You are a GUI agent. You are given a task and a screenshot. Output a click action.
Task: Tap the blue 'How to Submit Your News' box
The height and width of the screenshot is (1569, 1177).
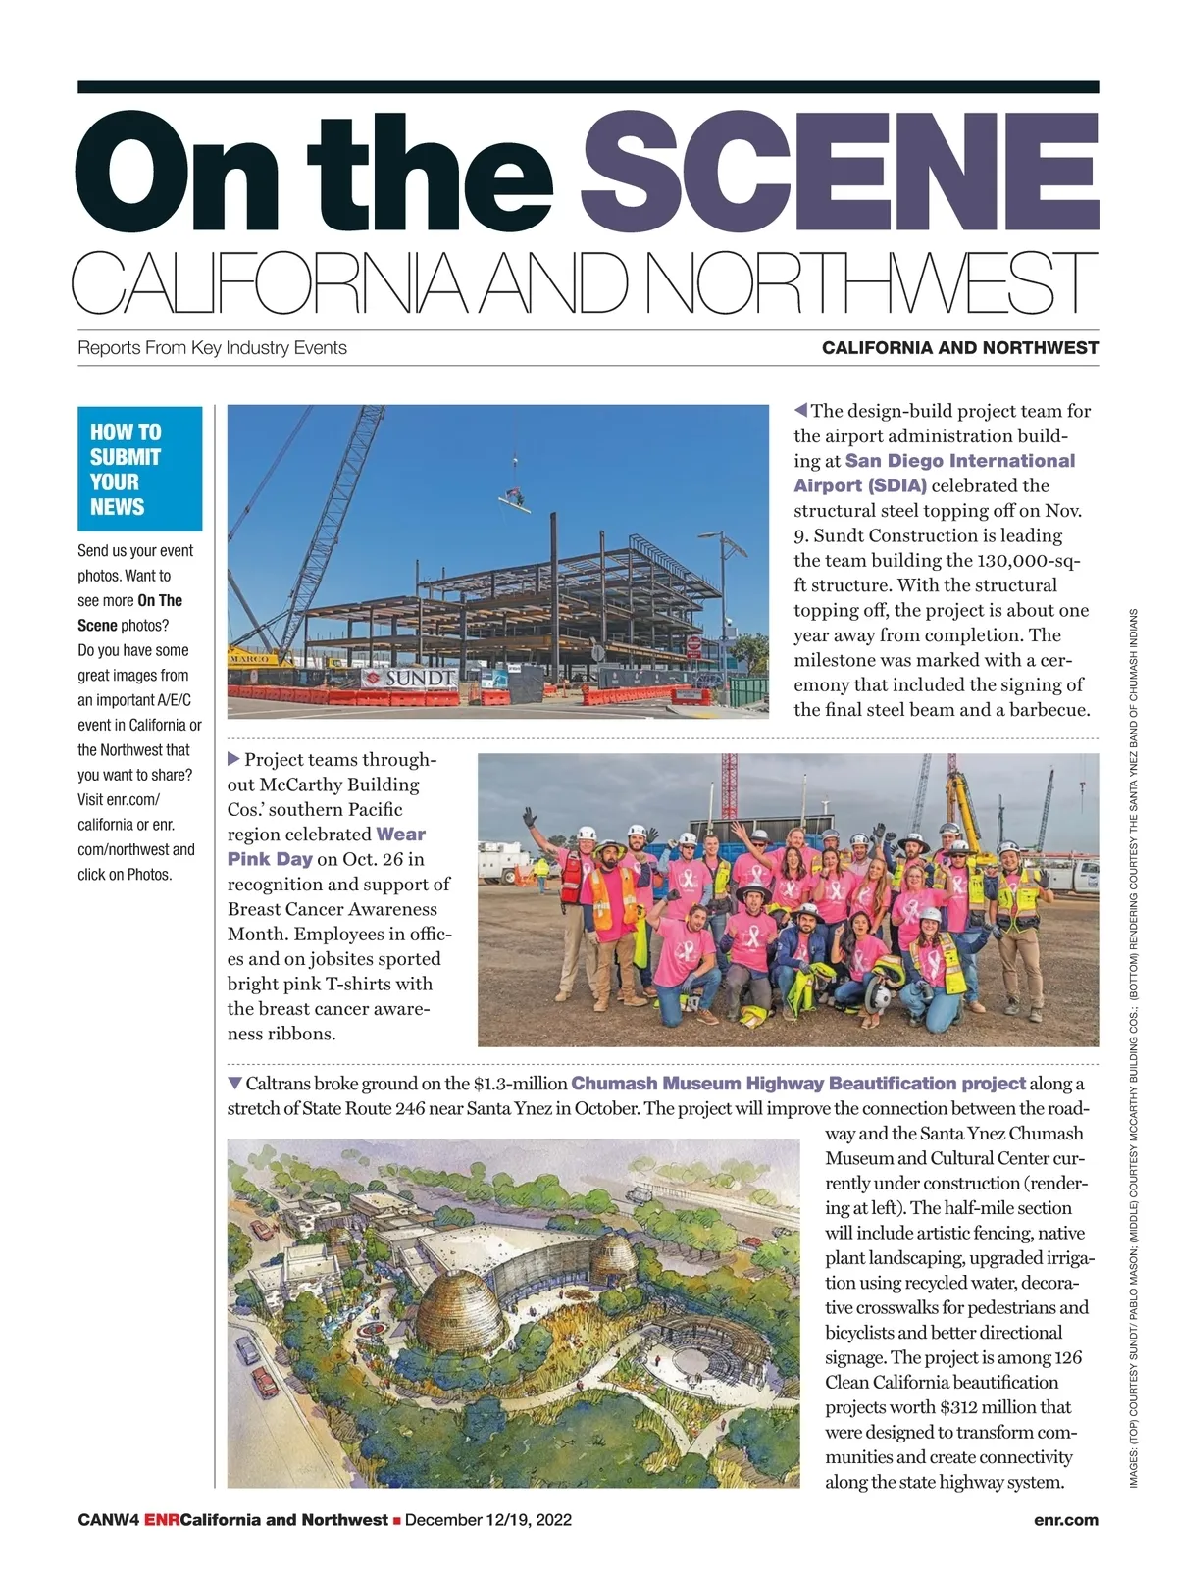tap(139, 469)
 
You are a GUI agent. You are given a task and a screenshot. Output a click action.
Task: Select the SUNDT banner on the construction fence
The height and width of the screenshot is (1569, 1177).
tap(409, 678)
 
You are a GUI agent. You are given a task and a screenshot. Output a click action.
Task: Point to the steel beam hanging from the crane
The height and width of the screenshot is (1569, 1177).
tap(514, 501)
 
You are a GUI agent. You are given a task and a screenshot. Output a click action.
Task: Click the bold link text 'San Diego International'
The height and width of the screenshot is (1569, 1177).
tap(959, 461)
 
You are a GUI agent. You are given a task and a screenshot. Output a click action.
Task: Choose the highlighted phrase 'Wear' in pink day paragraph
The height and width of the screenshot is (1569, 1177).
tap(400, 835)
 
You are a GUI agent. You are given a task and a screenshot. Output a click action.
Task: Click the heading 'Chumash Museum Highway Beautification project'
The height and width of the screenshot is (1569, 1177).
tap(797, 1084)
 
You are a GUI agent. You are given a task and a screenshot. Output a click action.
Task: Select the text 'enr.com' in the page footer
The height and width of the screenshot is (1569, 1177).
tap(1065, 1520)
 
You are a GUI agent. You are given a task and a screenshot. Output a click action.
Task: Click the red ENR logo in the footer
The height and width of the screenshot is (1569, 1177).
tap(162, 1520)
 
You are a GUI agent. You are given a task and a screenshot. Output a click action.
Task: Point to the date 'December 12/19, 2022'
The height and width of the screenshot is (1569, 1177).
tap(487, 1520)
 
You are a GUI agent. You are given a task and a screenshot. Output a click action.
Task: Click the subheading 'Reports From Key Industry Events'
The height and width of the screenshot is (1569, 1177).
tap(212, 348)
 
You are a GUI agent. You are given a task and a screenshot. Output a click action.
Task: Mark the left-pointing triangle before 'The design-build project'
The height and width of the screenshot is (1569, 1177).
tap(800, 410)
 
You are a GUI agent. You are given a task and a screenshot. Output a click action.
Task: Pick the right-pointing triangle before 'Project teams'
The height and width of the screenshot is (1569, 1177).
tap(233, 759)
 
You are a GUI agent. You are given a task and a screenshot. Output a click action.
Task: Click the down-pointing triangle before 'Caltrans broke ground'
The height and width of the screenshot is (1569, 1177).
tap(234, 1083)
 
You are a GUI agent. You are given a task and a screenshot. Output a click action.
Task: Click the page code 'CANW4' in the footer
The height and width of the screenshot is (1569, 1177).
tap(108, 1520)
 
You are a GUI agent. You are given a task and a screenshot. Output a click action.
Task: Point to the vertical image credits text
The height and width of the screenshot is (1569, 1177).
tap(1133, 1049)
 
